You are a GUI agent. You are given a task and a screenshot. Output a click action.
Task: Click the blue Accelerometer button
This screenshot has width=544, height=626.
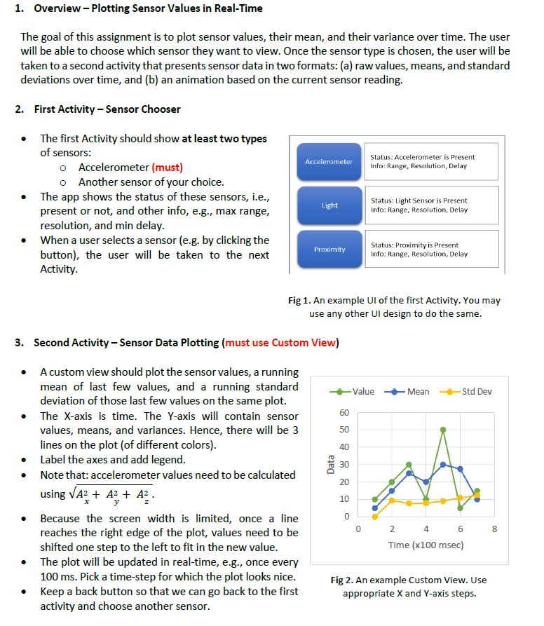(329, 162)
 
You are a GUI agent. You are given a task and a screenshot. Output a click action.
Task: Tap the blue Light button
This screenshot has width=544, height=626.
(329, 205)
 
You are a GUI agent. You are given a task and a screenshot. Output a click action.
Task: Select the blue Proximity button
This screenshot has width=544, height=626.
(329, 249)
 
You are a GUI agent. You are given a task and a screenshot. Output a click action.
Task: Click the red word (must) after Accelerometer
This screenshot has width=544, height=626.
(168, 167)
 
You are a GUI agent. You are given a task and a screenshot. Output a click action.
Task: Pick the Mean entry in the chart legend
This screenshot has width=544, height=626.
(410, 391)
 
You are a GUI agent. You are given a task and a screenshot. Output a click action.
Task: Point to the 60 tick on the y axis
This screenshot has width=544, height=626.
(344, 412)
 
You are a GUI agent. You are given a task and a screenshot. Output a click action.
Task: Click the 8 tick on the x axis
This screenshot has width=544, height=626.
(494, 529)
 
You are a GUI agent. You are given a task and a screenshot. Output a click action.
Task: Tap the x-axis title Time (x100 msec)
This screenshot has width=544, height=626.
(426, 545)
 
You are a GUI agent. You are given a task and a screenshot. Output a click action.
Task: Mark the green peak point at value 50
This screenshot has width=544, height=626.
(443, 429)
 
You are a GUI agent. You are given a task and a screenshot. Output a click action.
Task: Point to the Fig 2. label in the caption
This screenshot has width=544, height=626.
(343, 580)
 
